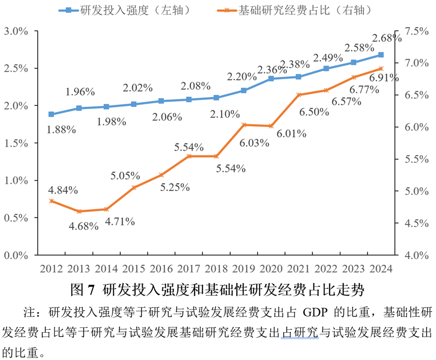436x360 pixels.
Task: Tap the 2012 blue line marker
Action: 51,114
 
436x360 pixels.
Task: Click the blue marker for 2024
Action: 381,54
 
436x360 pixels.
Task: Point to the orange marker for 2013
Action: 79,211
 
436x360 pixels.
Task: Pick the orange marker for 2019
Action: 244,125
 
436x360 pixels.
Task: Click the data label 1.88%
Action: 61,130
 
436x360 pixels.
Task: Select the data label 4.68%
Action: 84,226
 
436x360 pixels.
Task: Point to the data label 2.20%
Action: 241,77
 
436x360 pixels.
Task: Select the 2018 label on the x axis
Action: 216,267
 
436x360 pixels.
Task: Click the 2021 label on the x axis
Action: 298,267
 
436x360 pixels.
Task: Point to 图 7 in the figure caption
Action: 83,290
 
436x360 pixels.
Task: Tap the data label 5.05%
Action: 126,175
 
